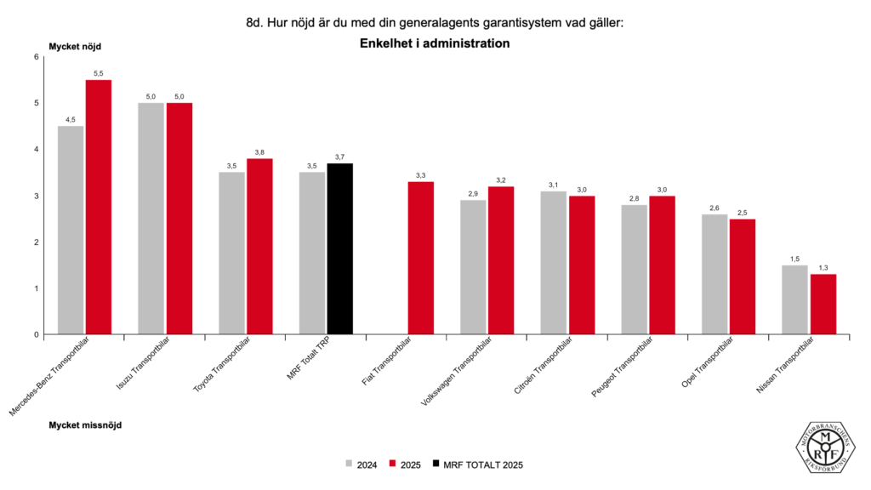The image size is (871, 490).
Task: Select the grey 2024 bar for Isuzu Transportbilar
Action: tap(151, 219)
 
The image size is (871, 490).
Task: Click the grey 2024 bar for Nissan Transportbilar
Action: tap(794, 299)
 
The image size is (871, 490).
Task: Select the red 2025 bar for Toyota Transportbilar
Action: tap(259, 247)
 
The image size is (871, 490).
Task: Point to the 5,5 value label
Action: tap(99, 74)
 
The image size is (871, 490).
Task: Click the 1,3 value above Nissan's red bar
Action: tap(822, 268)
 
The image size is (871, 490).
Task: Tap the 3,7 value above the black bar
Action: tap(339, 157)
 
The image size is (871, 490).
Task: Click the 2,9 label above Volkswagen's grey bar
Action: tap(474, 194)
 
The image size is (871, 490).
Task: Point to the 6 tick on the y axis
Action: tap(37, 57)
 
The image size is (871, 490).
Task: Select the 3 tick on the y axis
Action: tap(37, 196)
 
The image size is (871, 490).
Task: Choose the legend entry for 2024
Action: tap(361, 464)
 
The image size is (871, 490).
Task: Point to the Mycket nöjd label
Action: tap(75, 46)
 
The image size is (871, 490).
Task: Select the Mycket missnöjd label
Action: tap(85, 424)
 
